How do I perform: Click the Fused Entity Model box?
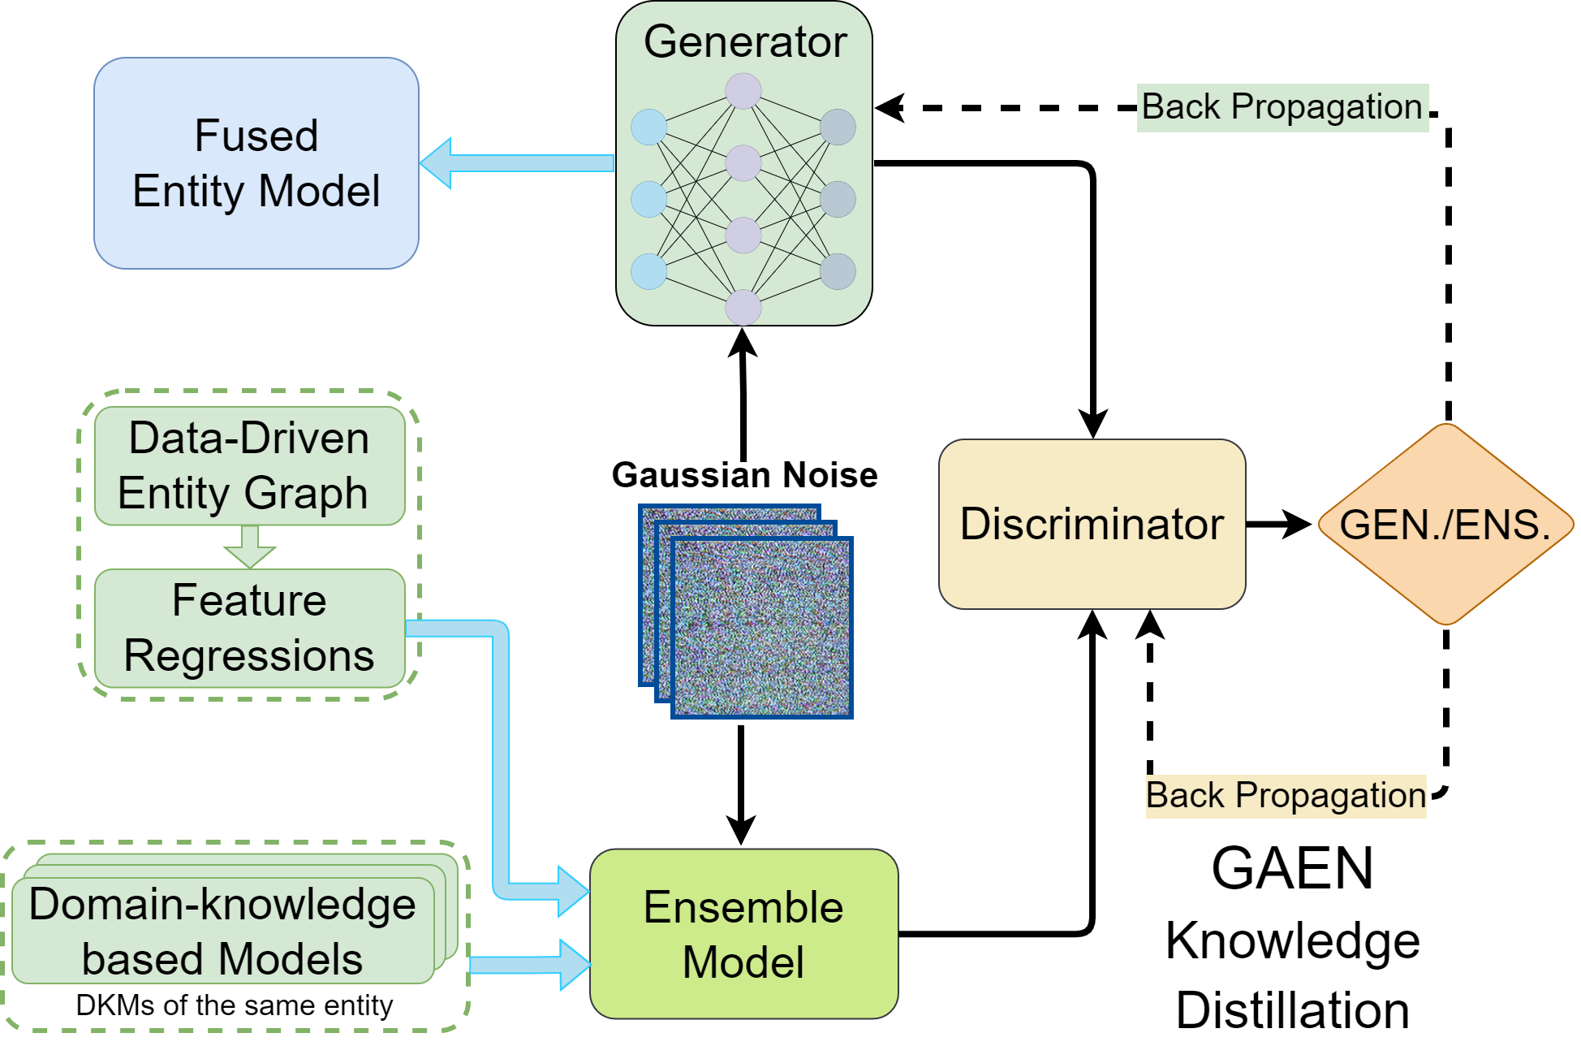click(256, 163)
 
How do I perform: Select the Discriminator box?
click(1092, 524)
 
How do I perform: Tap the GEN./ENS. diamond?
click(1445, 525)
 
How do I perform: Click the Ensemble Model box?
click(743, 934)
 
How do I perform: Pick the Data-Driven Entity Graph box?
click(249, 465)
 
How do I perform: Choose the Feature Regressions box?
click(249, 628)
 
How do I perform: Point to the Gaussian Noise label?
click(744, 475)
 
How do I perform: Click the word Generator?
click(745, 41)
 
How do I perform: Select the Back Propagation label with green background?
click(1282, 107)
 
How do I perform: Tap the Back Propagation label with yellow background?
click(1286, 795)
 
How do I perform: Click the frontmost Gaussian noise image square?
click(762, 628)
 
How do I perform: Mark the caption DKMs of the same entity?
click(234, 1005)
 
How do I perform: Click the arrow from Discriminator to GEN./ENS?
click(1278, 525)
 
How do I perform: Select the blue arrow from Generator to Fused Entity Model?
click(517, 163)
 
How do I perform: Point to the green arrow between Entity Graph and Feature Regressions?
click(249, 547)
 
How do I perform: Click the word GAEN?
click(1292, 868)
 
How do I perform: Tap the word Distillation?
click(1292, 1010)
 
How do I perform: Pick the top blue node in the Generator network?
click(648, 128)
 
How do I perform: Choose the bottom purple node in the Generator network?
click(743, 308)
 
